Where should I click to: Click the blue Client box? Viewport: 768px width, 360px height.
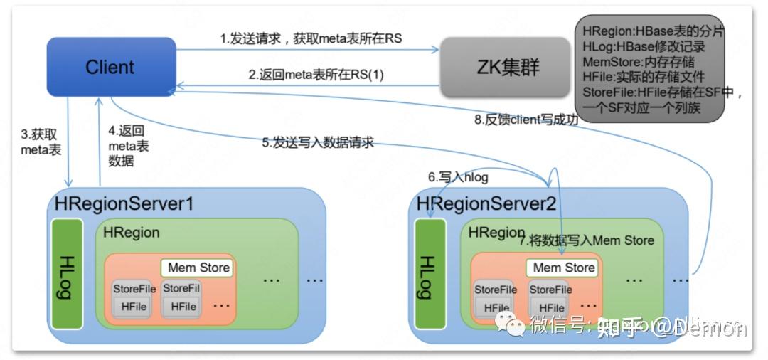click(111, 67)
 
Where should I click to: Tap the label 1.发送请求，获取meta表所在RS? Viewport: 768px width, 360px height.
click(311, 39)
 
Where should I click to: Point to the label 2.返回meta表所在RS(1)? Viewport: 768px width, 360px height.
click(316, 74)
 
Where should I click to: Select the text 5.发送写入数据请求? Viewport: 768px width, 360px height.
click(317, 143)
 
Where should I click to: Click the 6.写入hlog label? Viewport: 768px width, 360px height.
click(458, 177)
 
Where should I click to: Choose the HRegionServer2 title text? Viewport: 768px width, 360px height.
click(486, 203)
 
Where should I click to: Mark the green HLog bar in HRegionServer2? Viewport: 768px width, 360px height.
click(430, 275)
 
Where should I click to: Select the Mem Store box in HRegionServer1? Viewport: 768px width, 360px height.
click(198, 268)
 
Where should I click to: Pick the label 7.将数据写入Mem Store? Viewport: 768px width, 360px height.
click(587, 240)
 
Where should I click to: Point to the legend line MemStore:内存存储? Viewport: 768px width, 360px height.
click(639, 62)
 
